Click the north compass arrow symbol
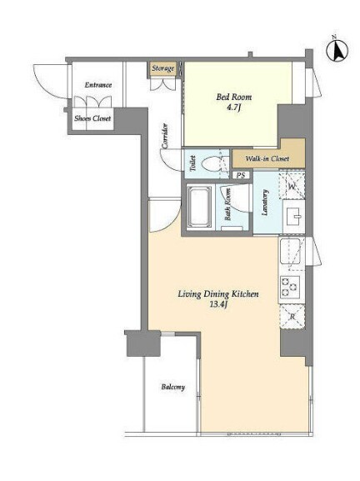coord(337,50)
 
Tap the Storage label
coord(163,68)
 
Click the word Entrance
coord(98,85)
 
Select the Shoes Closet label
coord(92,118)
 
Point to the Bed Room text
coord(234,98)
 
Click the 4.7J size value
coord(234,108)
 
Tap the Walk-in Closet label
coord(267,158)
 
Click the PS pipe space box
coord(241,175)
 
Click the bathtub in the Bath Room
coord(199,207)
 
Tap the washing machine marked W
coord(292,186)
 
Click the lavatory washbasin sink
coord(294,216)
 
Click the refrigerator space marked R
coord(292,317)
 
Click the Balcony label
coord(173,387)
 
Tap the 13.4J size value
coord(218,304)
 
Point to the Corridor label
coord(165,136)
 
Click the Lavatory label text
coord(265,203)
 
